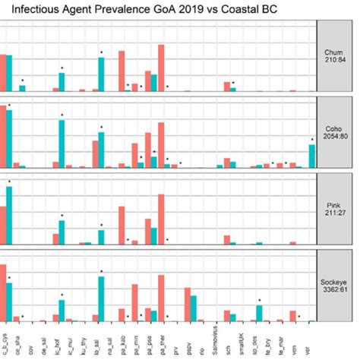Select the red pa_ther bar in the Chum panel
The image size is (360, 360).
click(160, 68)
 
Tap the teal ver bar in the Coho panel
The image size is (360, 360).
click(311, 156)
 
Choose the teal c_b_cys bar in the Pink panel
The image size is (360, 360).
click(9, 215)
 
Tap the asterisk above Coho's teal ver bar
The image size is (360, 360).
click(311, 140)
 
